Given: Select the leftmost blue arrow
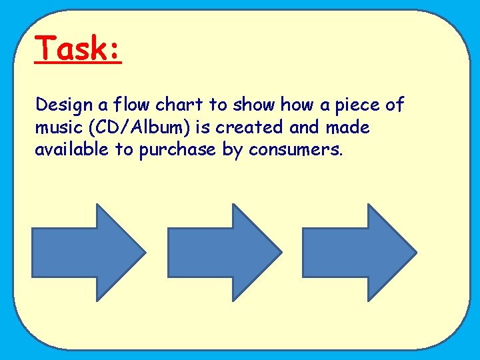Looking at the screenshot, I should (87, 252).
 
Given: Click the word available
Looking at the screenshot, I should (72, 149).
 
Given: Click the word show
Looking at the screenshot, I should (253, 105).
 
